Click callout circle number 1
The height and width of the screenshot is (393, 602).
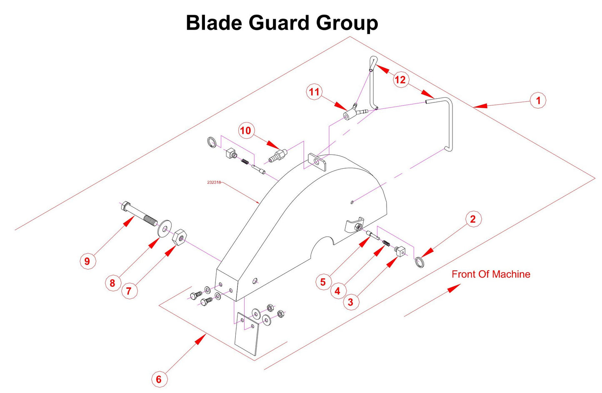click(538, 100)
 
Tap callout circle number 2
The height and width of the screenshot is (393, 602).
click(472, 219)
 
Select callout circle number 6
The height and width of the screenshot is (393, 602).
click(158, 379)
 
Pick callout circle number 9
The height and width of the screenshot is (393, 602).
click(87, 261)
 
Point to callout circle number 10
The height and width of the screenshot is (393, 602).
click(245, 131)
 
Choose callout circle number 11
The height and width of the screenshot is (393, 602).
click(314, 92)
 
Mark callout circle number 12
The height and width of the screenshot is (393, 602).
click(400, 80)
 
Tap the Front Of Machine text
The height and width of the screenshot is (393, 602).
click(491, 274)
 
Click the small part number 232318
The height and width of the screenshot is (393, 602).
click(214, 182)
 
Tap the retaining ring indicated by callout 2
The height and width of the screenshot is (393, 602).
click(419, 262)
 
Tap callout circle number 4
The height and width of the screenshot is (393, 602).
click(337, 291)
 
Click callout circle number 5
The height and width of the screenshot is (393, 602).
click(323, 282)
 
